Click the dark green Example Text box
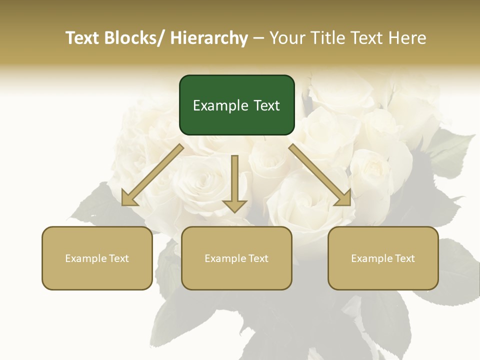(236, 105)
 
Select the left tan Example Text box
(97, 258)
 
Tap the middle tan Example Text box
(236, 258)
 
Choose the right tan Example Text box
(383, 258)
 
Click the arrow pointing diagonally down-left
(152, 175)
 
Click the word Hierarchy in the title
(209, 38)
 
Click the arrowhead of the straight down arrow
(235, 205)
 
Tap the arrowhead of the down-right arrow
(344, 199)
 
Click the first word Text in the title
(82, 38)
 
